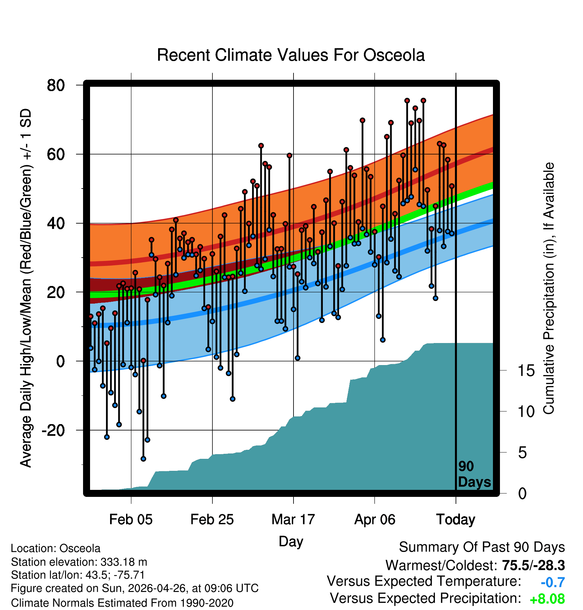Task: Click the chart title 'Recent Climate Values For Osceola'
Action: point(291,55)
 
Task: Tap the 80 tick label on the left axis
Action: point(56,85)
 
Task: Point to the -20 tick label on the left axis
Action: point(53,430)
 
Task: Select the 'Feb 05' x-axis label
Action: point(131,520)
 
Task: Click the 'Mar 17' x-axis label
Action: point(293,520)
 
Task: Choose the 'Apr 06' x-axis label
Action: point(375,520)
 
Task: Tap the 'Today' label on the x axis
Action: point(456,520)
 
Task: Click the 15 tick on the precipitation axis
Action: point(526,371)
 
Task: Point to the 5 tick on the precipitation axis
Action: point(522,453)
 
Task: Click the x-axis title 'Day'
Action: point(291,541)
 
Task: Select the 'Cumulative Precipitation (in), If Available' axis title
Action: point(549,289)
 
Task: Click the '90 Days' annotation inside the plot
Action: point(474,474)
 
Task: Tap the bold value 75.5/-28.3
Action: point(533,565)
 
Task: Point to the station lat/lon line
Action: point(78,575)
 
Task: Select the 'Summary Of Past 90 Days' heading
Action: point(482,547)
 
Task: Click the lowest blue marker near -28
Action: point(143,459)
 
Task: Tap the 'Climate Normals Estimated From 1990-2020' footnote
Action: point(122,603)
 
